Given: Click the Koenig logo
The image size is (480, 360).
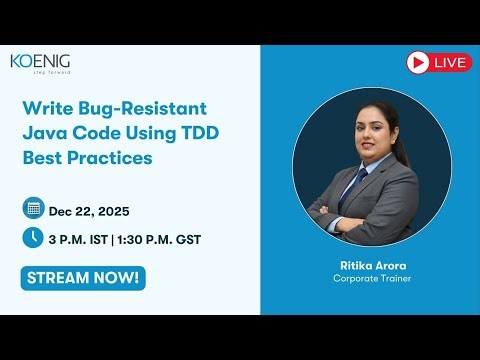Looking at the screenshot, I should [x=40, y=61].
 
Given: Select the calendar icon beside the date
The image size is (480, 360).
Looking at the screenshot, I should [x=33, y=209].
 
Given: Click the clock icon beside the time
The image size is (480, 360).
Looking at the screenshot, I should [x=33, y=238].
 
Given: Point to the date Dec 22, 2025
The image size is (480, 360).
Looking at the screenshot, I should [x=89, y=210].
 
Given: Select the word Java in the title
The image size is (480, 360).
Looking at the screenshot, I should [x=43, y=133].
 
